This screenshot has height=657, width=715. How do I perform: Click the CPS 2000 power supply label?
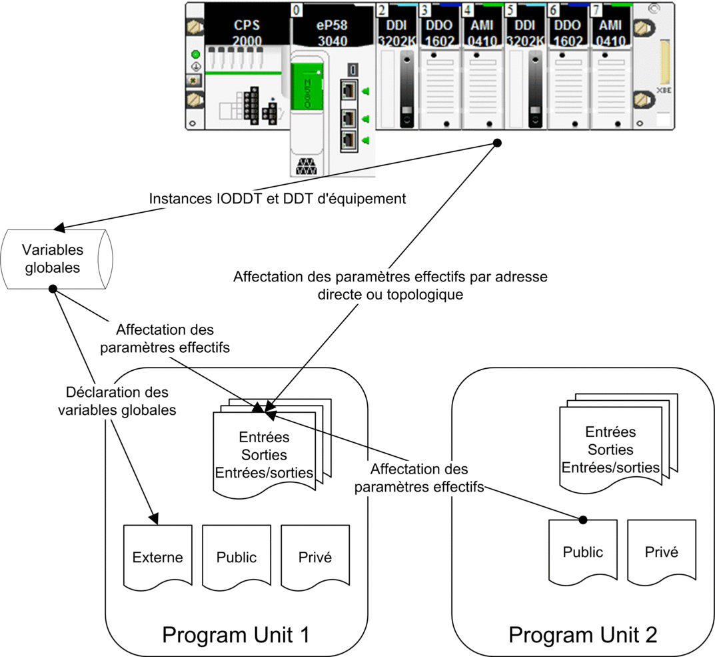[247, 33]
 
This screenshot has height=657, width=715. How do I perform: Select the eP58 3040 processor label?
[332, 33]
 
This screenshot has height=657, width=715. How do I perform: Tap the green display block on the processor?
[307, 86]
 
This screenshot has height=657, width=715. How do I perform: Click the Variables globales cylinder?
[57, 259]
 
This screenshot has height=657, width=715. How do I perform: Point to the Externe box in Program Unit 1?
[158, 557]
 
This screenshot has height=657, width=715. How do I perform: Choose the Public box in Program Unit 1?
[236, 557]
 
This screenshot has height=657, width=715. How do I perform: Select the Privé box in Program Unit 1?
[315, 557]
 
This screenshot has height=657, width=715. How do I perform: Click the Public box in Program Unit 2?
[583, 552]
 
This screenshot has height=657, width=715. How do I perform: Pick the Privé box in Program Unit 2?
[662, 552]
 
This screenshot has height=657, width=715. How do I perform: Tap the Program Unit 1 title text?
[236, 634]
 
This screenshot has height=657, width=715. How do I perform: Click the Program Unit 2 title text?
[583, 634]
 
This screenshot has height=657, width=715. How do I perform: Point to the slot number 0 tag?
[297, 9]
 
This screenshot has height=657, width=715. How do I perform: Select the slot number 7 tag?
[596, 9]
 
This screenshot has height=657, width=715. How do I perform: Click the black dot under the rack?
[498, 143]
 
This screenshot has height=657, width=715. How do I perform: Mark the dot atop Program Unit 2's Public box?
[583, 520]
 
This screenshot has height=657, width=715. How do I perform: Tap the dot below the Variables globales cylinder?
[53, 289]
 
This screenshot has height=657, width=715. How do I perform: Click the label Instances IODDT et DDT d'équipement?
[277, 199]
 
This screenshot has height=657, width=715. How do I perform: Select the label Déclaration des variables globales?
[117, 401]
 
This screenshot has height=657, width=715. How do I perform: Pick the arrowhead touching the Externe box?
[154, 519]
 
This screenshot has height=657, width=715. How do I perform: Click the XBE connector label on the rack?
[664, 91]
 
